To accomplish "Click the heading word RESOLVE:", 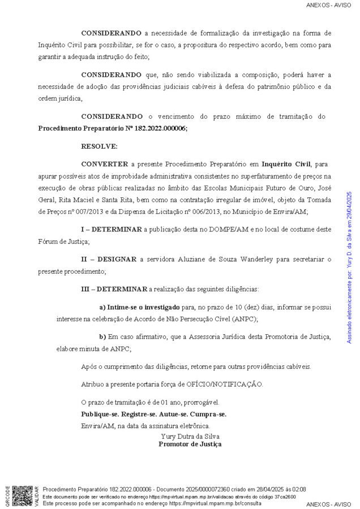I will point(99,146).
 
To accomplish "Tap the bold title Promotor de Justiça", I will point(190,444).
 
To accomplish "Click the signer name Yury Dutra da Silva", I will point(190,436).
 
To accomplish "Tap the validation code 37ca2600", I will point(284,496).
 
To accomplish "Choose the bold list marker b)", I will point(102,337).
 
